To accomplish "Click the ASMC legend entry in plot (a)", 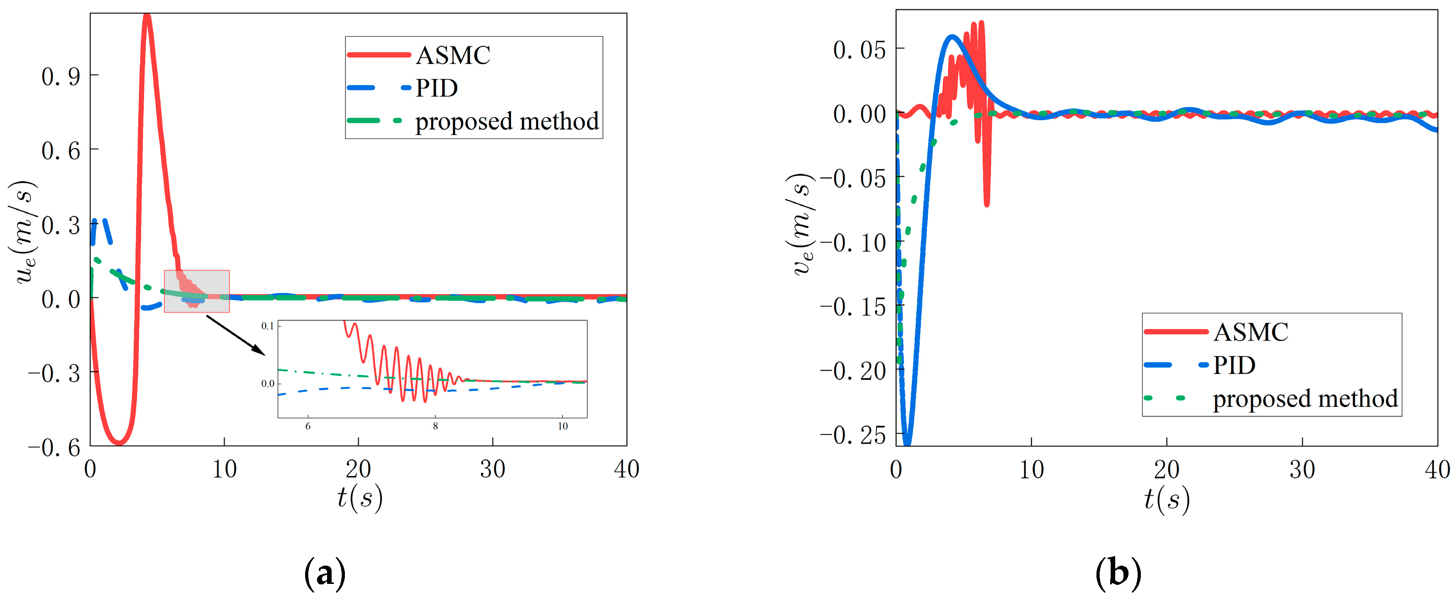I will point(453,55).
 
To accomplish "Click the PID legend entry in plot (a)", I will point(436,88).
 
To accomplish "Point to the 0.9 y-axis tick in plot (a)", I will point(61,76).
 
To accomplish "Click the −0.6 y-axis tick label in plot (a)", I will point(54,448).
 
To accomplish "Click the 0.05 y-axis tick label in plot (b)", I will point(859,50).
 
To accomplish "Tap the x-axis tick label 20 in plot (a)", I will point(358,470).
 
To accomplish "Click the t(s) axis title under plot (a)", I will point(360,498).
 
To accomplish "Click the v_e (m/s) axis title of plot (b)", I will point(802,225).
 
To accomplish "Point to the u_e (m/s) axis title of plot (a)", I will point(22,232).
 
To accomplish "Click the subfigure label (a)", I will point(325,573).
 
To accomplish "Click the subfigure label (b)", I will point(1118,573).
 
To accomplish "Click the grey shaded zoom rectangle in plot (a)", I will point(197,291).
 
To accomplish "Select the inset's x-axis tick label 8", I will point(435,427).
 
